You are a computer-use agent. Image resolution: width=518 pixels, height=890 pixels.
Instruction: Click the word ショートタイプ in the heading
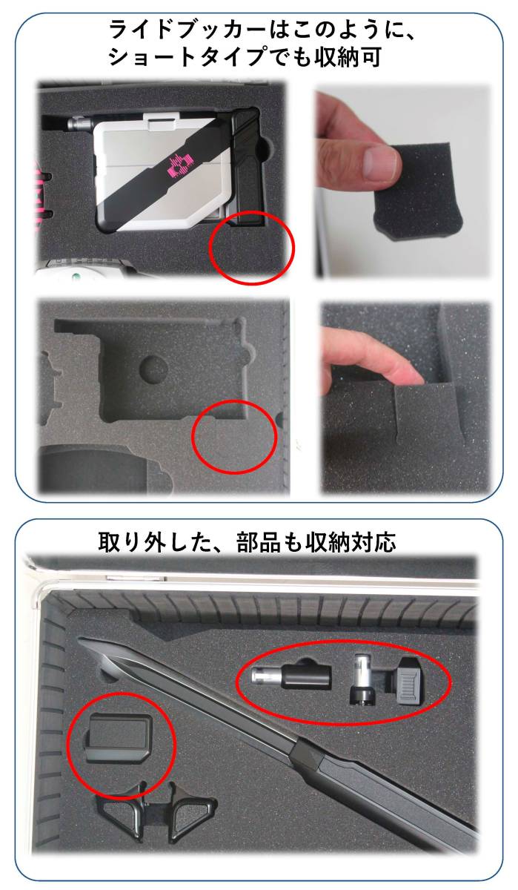(186, 57)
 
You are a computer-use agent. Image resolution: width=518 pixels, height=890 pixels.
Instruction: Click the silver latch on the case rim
(114, 576)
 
